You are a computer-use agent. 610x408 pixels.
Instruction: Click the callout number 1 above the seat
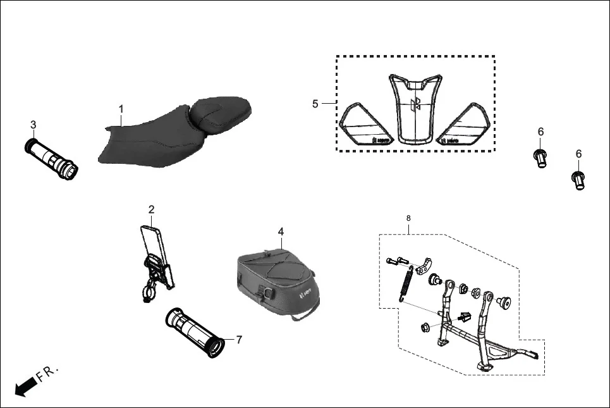pos(121,109)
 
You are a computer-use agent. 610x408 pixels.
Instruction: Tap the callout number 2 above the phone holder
pos(151,209)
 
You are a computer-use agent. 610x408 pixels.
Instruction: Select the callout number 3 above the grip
pos(33,124)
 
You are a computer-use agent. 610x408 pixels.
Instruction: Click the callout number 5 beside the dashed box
pos(315,104)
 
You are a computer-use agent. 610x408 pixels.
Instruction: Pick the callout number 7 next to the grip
pos(239,340)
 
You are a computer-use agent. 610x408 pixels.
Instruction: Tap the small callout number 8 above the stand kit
pos(408,218)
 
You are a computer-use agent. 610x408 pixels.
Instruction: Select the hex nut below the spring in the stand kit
pos(425,328)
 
